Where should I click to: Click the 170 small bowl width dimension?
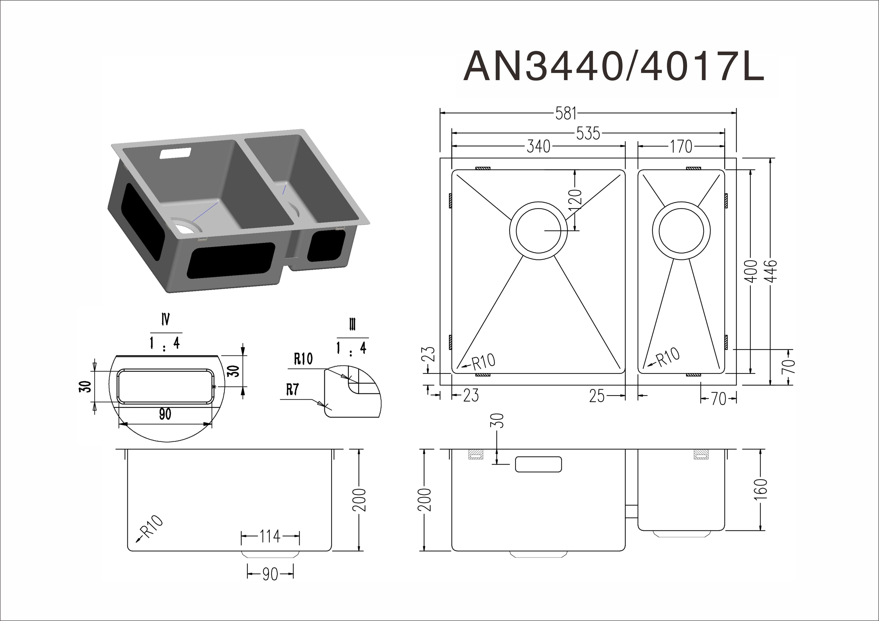(681, 146)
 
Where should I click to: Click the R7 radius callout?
(293, 390)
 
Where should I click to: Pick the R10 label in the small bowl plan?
(668, 356)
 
